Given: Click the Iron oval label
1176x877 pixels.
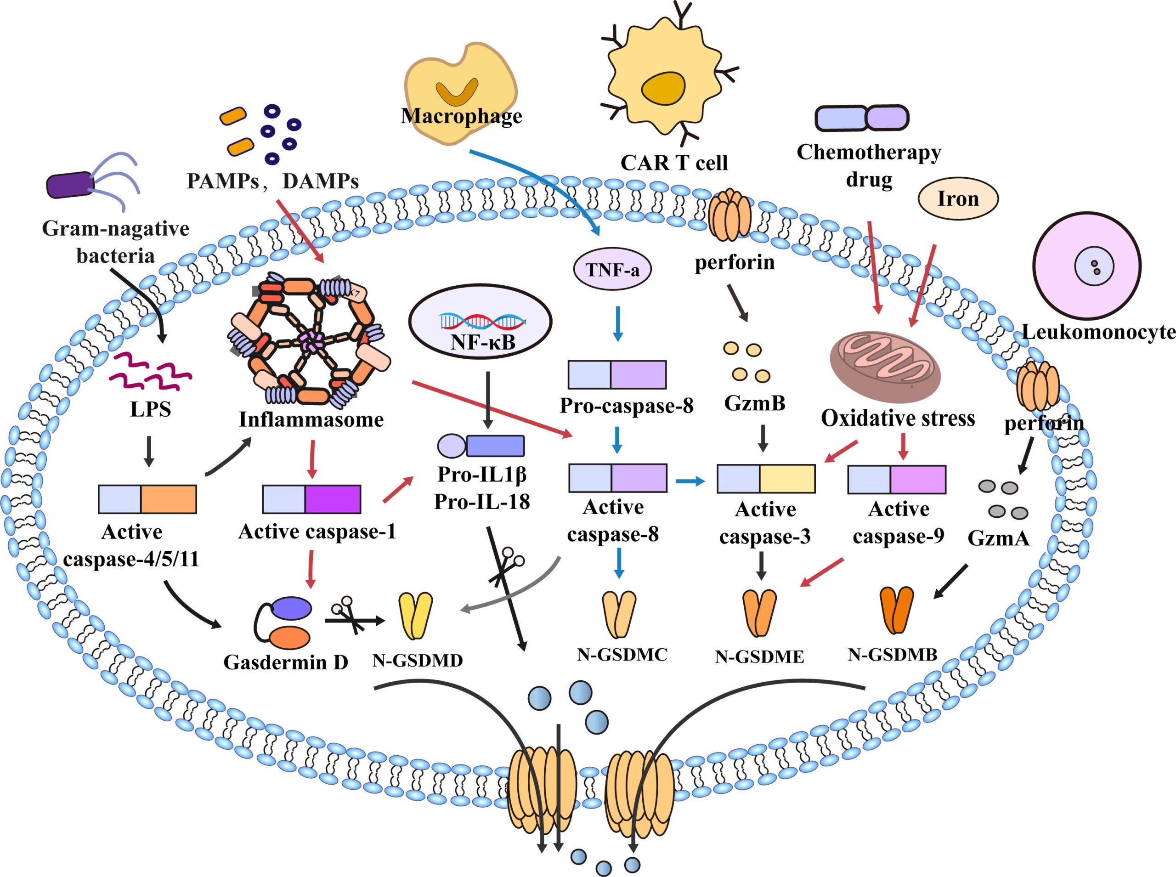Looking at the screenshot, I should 958,198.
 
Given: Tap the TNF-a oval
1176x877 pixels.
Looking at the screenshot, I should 612,270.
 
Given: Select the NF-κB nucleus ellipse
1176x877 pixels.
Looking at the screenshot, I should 480,322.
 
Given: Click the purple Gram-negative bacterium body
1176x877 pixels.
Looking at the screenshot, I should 69,185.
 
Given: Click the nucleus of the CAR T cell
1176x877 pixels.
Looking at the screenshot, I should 663,88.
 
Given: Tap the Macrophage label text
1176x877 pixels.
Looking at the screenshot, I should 461,116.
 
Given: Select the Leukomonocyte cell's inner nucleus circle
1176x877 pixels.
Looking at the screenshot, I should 1094,266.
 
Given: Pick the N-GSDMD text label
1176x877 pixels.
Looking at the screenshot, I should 418,661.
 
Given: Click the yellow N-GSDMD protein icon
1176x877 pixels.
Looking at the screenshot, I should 415,616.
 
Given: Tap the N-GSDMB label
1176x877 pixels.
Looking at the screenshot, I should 892,655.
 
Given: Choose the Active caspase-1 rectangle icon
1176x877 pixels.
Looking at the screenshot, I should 311,499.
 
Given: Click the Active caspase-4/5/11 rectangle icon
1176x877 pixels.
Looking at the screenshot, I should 147,499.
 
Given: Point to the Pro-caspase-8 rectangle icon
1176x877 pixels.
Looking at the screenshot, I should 616,375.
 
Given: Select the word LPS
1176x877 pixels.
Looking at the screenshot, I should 150,409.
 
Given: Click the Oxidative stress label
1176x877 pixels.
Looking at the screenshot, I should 898,419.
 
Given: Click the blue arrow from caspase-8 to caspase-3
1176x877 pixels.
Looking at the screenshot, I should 690,481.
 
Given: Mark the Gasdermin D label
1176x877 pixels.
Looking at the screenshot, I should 286,662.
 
